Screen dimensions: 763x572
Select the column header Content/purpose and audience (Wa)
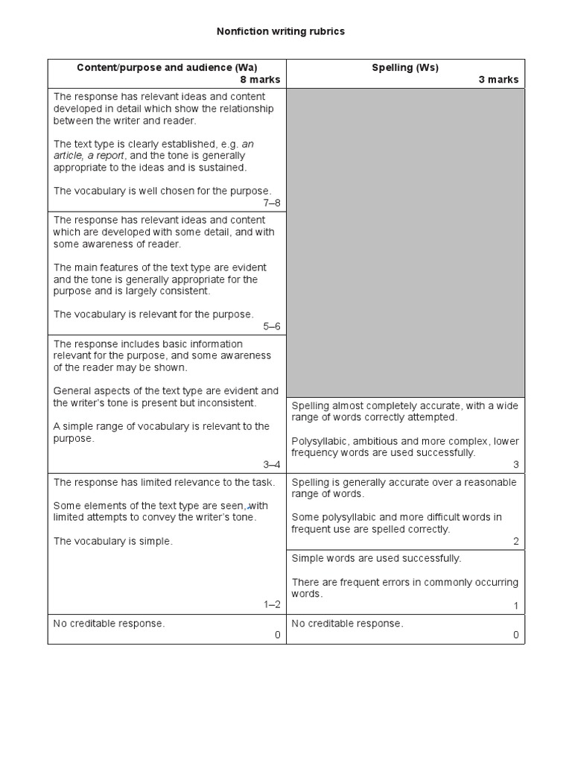tap(167, 68)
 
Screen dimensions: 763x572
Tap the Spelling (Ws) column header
tap(405, 68)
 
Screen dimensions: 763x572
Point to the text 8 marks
tap(260, 80)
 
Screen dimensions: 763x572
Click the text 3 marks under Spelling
tap(498, 80)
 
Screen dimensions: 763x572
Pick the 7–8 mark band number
tap(272, 203)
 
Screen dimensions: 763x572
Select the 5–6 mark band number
tap(272, 326)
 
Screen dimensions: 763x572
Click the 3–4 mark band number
tap(272, 464)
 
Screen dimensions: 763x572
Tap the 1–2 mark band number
tap(272, 604)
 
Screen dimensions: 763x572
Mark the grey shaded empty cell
tap(405, 242)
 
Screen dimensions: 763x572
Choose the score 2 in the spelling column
tap(515, 542)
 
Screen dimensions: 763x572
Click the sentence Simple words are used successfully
tap(376, 558)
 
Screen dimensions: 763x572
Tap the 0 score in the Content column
tap(277, 635)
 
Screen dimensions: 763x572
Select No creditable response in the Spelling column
tap(347, 624)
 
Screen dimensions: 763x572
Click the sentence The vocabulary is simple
tap(112, 541)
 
